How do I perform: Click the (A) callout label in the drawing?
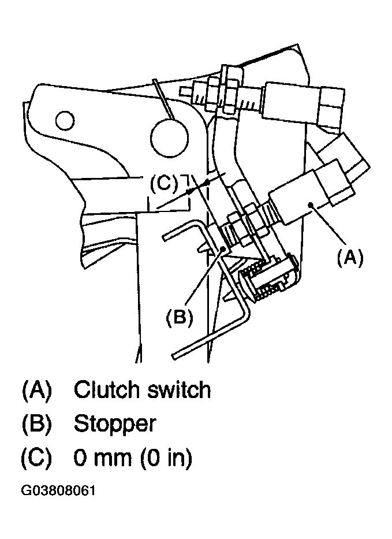tap(350, 258)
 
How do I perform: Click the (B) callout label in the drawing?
tap(180, 317)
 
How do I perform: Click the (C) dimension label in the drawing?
tap(164, 183)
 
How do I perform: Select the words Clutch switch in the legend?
tap(142, 390)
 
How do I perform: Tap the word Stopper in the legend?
tap(115, 425)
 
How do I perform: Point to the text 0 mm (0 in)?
tap(133, 459)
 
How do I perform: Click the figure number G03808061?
tap(58, 490)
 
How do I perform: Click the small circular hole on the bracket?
tap(65, 121)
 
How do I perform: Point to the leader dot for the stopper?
tap(223, 248)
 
